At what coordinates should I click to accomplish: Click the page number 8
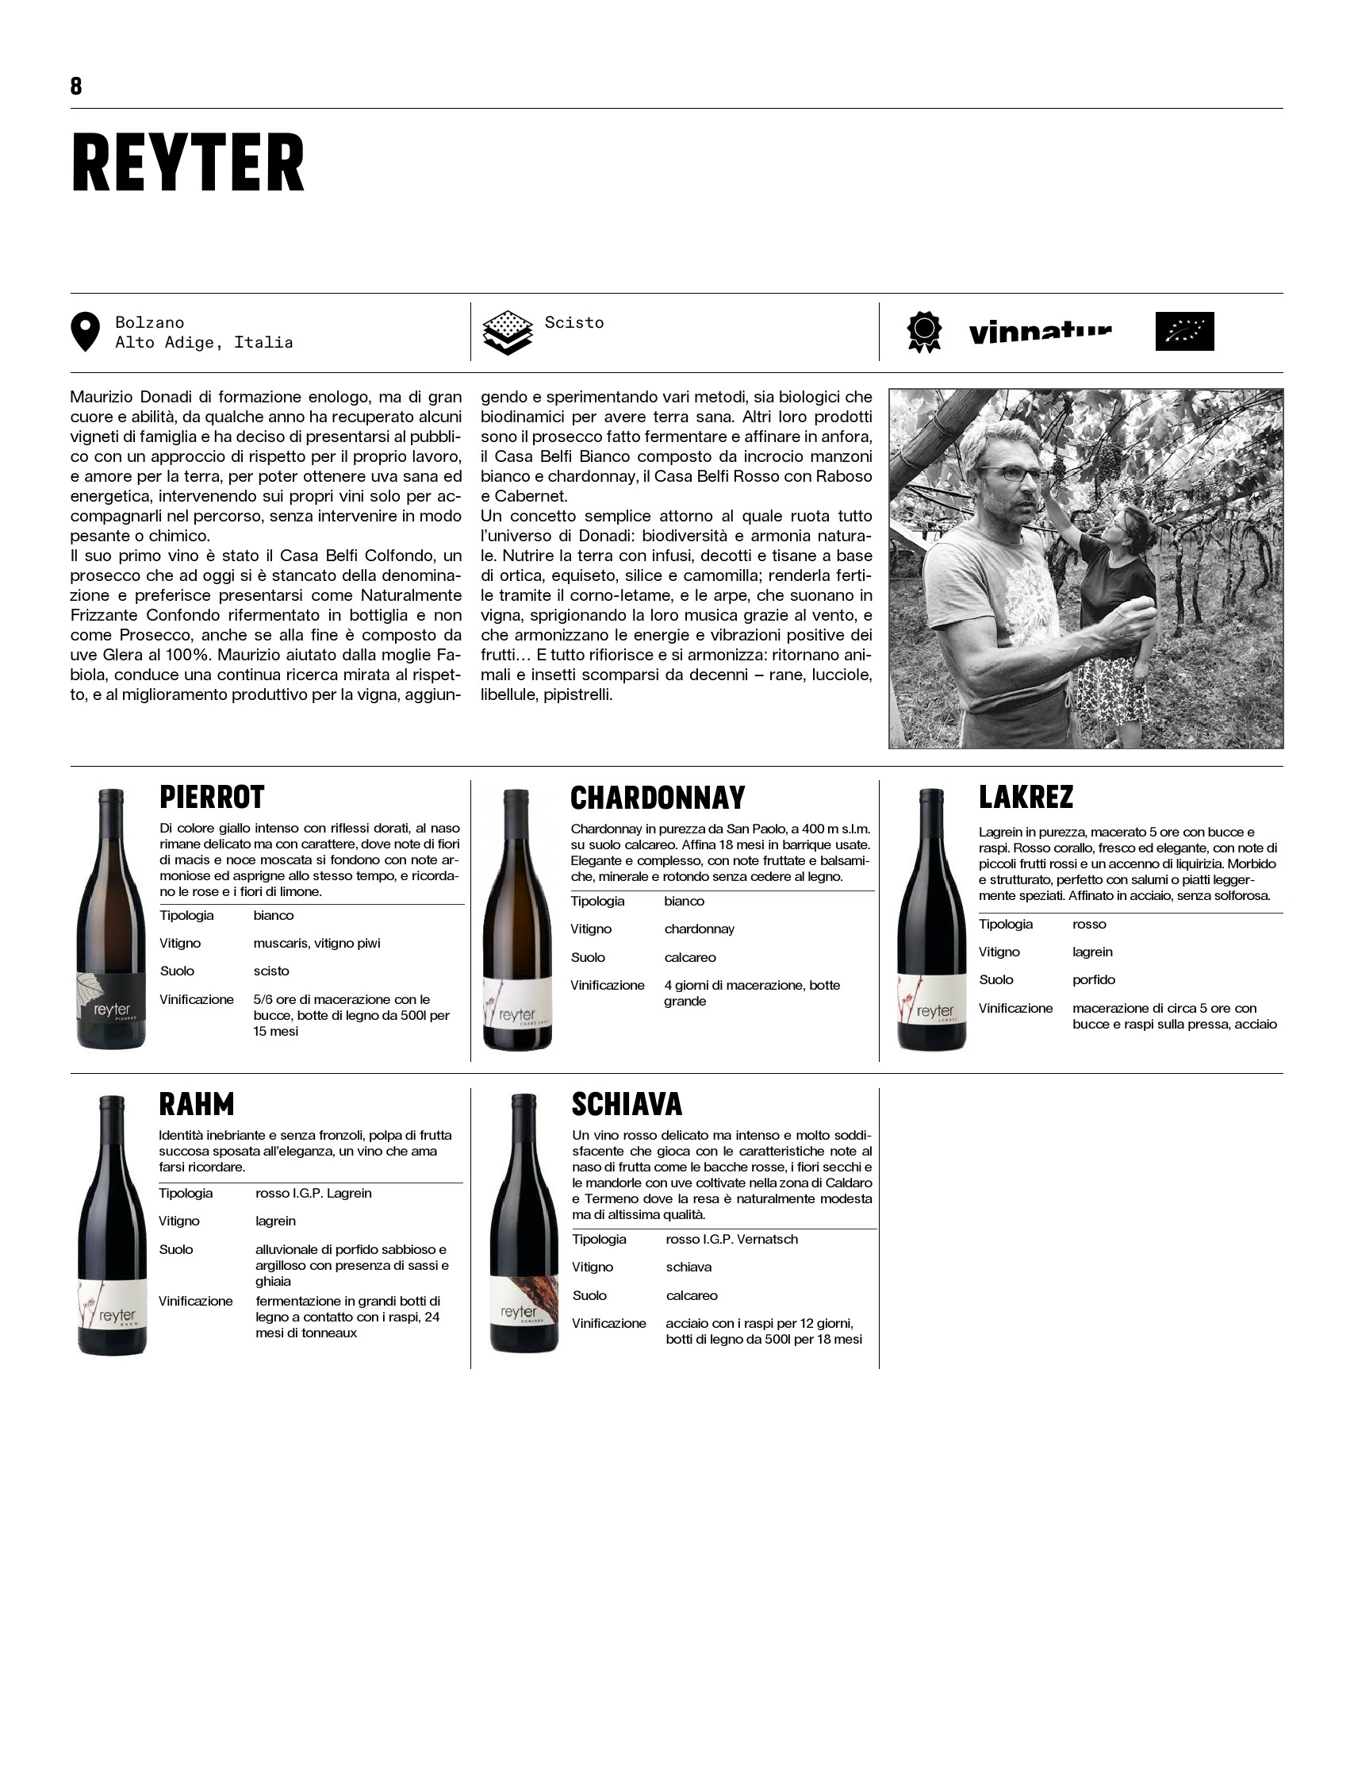(x=76, y=87)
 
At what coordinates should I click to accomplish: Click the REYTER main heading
(x=188, y=163)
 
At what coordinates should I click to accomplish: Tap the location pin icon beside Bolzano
(x=86, y=332)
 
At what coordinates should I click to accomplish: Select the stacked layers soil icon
(x=507, y=333)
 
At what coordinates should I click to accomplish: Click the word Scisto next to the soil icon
(x=573, y=322)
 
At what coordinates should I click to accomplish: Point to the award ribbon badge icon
(x=923, y=333)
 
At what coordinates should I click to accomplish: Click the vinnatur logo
(x=1040, y=333)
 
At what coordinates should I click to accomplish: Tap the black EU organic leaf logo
(x=1184, y=332)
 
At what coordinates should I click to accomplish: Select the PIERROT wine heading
(x=212, y=798)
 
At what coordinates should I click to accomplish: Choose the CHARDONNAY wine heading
(x=658, y=798)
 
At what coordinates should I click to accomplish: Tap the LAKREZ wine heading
(x=1026, y=798)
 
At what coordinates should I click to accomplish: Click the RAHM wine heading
(x=197, y=1105)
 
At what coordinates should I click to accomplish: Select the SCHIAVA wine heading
(x=627, y=1105)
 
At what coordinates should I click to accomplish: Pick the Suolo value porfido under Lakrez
(x=1094, y=979)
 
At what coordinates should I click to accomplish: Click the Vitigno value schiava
(x=689, y=1267)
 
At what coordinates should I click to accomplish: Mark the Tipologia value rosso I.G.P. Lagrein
(x=313, y=1193)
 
